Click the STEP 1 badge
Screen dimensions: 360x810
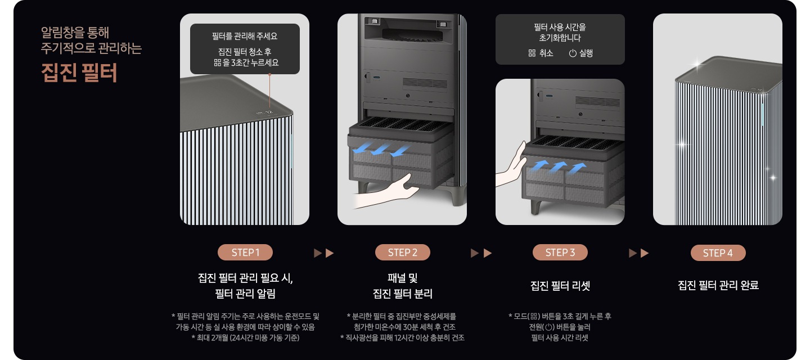coord(245,253)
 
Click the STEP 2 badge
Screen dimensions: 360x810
coord(402,253)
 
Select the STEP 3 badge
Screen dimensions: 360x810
coord(560,253)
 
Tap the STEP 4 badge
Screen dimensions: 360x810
coord(718,253)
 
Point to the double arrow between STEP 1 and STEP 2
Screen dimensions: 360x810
coord(324,253)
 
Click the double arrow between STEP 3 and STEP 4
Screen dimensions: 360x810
coord(639,253)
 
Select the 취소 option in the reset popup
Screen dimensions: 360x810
coord(541,53)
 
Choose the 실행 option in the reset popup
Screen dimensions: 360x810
coord(580,53)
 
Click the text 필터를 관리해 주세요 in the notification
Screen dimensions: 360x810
coord(245,37)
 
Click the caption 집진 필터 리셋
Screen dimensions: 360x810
coord(560,286)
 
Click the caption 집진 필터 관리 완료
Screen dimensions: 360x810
coord(718,286)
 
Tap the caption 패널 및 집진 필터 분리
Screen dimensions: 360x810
coord(402,286)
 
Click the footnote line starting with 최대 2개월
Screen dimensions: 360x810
coord(245,338)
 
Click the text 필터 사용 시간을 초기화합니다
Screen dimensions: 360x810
coord(560,33)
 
